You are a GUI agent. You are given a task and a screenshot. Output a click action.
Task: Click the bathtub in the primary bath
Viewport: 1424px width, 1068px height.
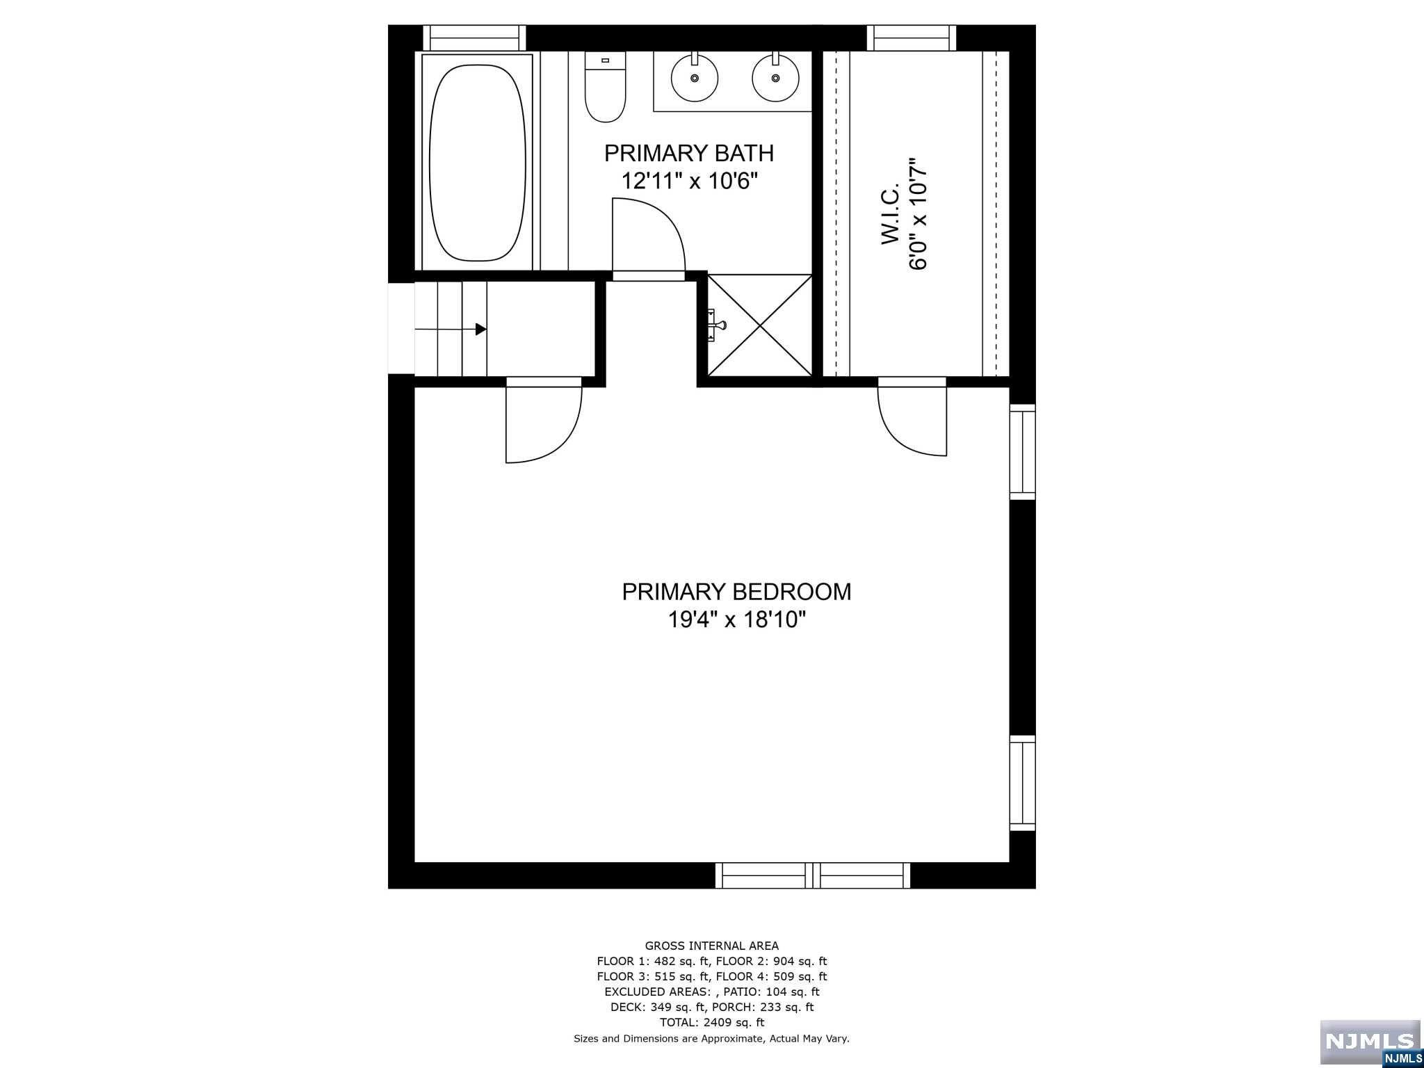click(x=476, y=163)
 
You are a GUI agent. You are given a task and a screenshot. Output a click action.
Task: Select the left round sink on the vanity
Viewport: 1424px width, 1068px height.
click(x=694, y=77)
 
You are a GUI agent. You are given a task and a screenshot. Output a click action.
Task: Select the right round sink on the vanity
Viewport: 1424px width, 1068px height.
click(x=775, y=77)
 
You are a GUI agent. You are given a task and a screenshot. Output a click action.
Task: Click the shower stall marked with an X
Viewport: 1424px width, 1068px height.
click(x=759, y=325)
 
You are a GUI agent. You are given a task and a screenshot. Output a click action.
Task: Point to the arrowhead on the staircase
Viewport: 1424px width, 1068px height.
click(x=480, y=329)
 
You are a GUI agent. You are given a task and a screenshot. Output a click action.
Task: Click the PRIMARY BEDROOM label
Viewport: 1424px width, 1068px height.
click(x=736, y=592)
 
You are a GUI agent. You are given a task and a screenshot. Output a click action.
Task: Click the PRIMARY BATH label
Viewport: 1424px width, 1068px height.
click(x=688, y=153)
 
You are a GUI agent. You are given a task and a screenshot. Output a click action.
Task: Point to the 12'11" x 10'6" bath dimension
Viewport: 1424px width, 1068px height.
click(x=688, y=181)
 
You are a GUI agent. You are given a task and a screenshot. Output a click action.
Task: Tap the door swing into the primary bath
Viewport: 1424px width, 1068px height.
click(x=647, y=236)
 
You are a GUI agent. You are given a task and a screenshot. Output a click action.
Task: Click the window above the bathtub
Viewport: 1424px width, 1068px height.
click(x=474, y=38)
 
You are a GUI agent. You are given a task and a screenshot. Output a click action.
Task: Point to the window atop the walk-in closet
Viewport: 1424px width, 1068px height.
click(x=911, y=38)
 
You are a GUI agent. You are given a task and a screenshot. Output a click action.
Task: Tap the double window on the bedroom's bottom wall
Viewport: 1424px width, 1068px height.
click(x=812, y=875)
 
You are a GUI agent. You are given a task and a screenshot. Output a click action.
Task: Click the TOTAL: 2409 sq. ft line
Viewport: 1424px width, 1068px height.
click(x=711, y=1023)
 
